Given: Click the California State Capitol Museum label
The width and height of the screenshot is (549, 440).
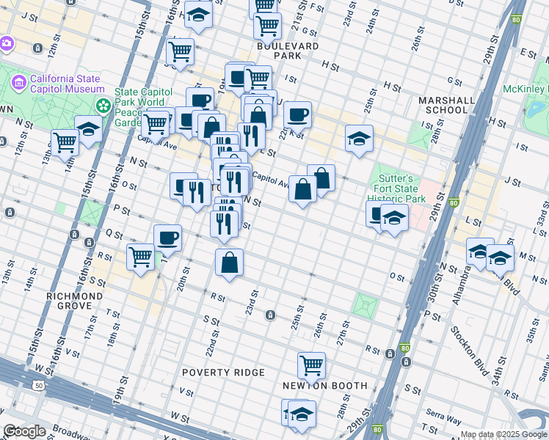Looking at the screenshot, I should (x=67, y=84).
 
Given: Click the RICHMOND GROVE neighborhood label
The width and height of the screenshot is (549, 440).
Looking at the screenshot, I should (x=74, y=296).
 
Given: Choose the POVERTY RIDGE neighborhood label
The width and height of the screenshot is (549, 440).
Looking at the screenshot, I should (x=223, y=373).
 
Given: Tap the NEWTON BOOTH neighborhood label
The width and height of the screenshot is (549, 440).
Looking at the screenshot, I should (x=324, y=386).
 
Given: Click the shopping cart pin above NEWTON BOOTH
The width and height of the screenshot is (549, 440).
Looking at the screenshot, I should (x=311, y=364).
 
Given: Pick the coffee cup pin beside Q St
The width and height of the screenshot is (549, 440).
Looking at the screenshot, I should (x=167, y=237).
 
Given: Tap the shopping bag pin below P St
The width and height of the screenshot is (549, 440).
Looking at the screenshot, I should (x=230, y=262).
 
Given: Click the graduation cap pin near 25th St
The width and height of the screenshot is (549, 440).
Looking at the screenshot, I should (x=358, y=138).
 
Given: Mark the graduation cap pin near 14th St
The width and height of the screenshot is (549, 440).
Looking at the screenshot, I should (x=89, y=129).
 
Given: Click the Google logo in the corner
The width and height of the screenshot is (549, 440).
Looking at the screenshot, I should (x=25, y=431).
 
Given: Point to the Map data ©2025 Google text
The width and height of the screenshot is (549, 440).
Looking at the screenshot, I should (x=503, y=434).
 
